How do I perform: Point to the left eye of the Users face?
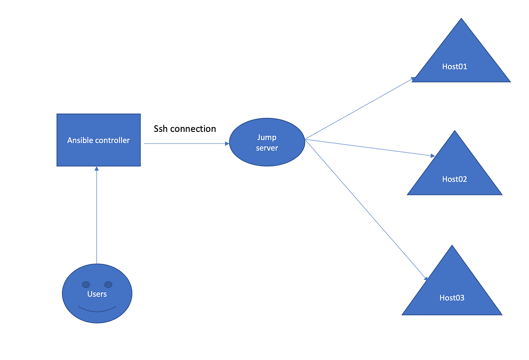86,285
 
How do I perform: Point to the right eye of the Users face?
108,285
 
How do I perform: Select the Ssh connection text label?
185,129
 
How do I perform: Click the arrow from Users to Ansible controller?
97,212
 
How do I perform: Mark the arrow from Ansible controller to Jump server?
185,143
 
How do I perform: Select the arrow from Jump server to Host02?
370,148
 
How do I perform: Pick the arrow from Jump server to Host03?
366,210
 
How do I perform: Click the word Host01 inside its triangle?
454,67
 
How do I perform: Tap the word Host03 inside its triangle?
452,298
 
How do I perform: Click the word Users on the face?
97,294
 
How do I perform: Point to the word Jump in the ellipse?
267,137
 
